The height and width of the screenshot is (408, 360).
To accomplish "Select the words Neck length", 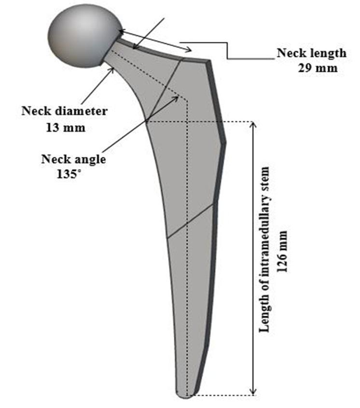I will (311, 53).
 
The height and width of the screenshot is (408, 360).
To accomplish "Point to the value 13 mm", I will (66, 127).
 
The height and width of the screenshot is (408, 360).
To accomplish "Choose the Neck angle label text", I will (73, 159).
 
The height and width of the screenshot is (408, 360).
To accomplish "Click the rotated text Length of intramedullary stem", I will (264, 250).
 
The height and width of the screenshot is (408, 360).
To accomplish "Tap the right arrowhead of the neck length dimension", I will (190, 50).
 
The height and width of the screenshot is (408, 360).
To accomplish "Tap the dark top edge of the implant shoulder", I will (195, 60).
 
